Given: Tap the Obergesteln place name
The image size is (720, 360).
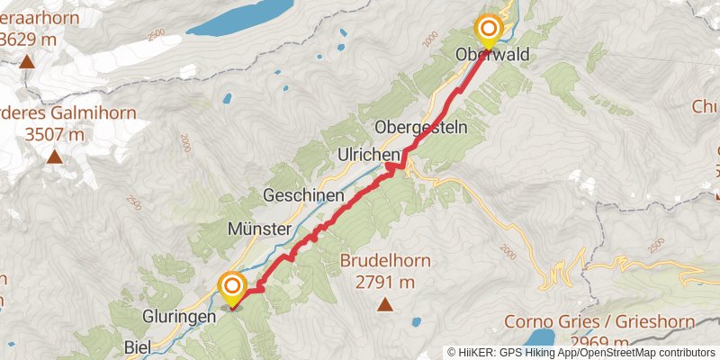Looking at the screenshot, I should [420, 128].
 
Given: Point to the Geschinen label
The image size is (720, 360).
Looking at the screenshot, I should [303, 195].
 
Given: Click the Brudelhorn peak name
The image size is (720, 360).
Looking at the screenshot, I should [384, 263].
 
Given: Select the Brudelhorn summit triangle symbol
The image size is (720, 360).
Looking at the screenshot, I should [385, 304].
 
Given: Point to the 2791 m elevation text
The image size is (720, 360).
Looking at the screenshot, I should [384, 283].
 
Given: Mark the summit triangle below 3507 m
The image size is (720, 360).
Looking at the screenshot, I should [55, 157].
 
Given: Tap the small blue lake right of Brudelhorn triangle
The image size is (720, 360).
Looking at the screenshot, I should [416, 321].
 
